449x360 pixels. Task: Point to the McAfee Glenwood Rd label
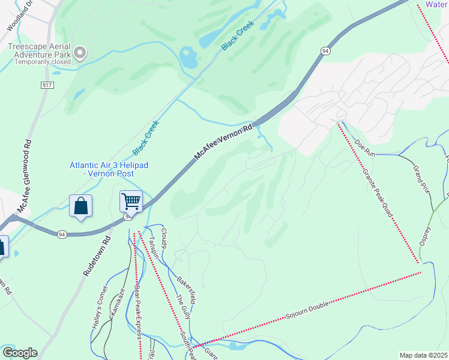point(24,176)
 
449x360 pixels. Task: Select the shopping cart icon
point(131,201)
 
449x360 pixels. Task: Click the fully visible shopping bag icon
point(81,206)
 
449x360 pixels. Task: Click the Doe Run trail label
point(365,148)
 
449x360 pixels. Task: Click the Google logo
point(19,353)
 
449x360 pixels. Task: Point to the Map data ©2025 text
point(423,355)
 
